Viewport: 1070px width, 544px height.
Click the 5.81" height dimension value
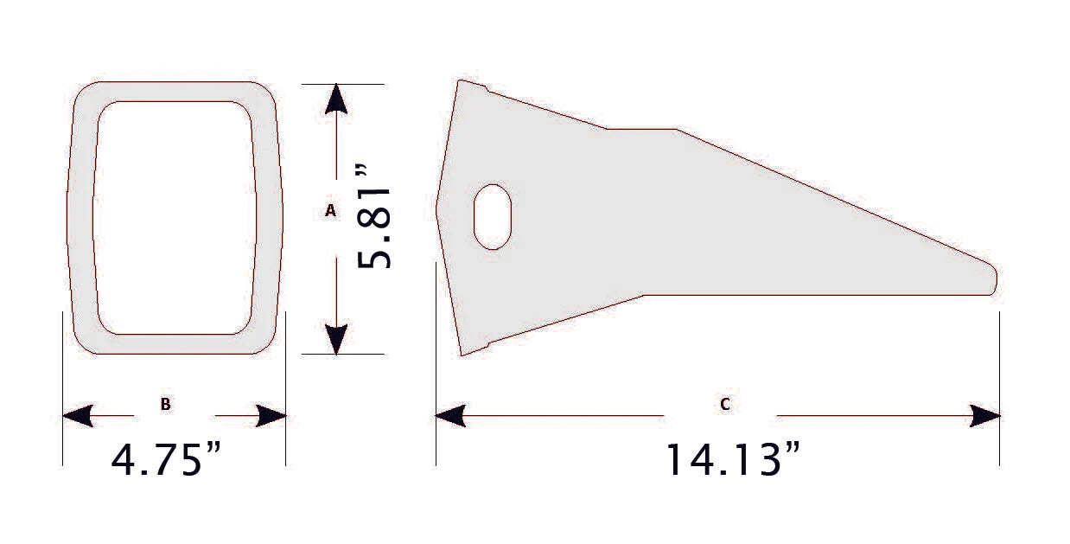375,227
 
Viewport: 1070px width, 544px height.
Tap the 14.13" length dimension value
731,459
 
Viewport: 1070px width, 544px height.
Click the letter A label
330,210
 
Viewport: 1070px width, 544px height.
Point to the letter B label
165,404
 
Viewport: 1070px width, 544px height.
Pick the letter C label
724,404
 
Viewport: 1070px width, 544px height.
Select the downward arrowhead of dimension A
336,338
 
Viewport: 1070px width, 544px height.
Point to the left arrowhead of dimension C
450,416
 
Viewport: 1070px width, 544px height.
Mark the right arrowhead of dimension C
985,416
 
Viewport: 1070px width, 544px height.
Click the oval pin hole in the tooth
493,216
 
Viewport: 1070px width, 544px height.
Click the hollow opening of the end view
175,217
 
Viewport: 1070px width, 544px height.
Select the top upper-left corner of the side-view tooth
460,82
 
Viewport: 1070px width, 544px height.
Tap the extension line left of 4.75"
62,389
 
